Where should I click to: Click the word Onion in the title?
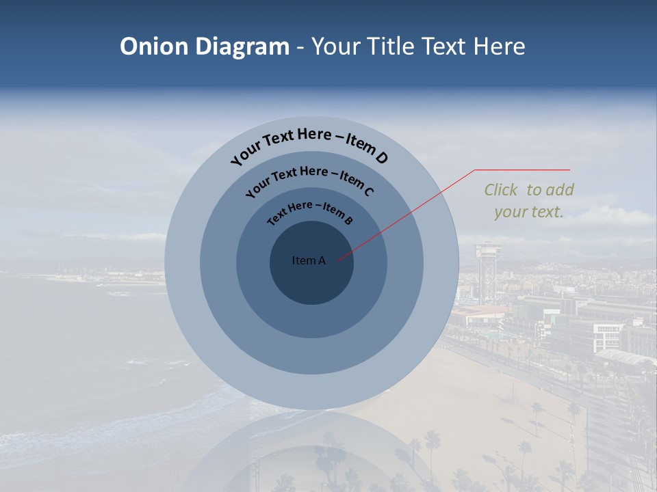[154, 46]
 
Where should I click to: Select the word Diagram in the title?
[242, 47]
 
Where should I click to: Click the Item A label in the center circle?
[309, 260]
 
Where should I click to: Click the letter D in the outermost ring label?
[381, 157]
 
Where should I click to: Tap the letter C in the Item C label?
[368, 191]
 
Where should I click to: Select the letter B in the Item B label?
[348, 220]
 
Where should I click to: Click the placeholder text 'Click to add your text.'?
[529, 201]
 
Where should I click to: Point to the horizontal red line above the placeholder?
[522, 170]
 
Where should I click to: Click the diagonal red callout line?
[406, 215]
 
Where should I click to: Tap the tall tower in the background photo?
[488, 272]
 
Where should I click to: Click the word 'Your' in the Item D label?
[247, 153]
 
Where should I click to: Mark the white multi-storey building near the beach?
[607, 336]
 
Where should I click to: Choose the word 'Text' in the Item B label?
[277, 215]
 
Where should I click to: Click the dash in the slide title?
[300, 48]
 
